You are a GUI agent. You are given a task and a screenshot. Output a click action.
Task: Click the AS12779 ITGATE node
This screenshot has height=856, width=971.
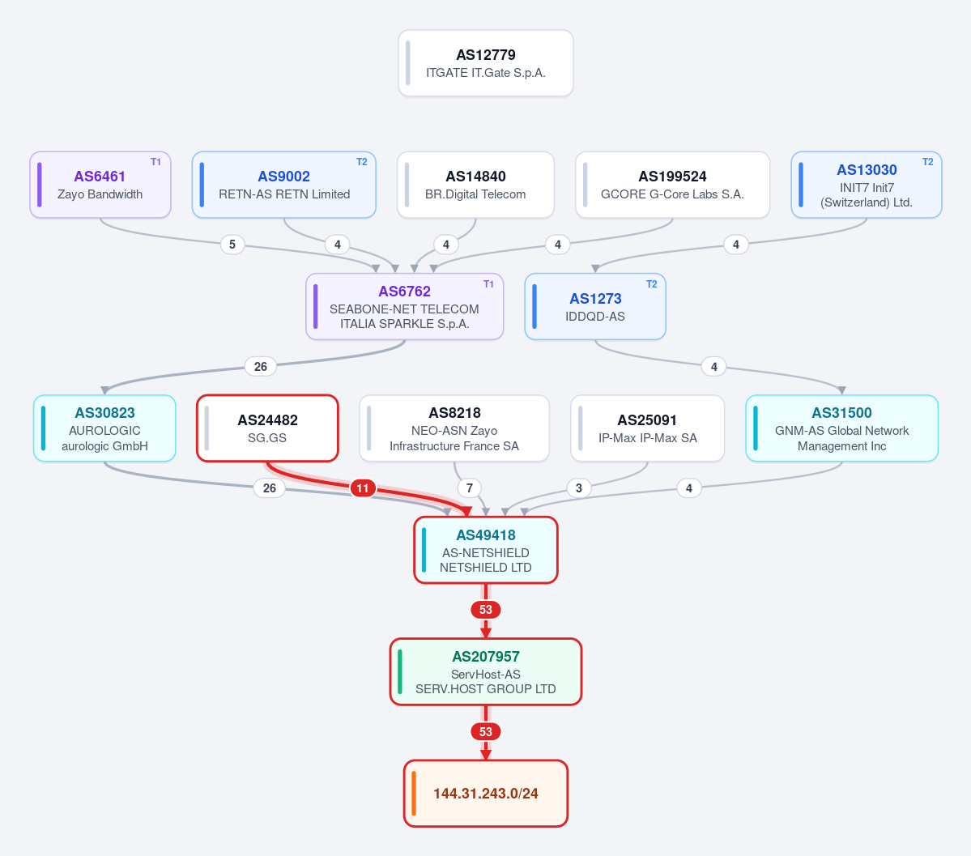point(486,63)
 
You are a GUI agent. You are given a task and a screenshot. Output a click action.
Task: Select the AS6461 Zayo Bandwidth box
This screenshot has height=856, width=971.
point(100,185)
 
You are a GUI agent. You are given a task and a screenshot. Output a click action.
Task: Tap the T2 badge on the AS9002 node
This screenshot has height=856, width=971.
point(362,162)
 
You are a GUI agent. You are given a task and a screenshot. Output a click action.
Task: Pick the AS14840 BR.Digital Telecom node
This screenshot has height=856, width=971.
point(475,185)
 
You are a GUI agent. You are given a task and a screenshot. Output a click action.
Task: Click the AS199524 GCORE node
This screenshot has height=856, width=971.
point(672,185)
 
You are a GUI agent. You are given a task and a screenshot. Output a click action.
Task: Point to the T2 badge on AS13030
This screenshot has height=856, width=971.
point(927,162)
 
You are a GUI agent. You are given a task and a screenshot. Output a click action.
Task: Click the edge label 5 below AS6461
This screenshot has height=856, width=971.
point(232,244)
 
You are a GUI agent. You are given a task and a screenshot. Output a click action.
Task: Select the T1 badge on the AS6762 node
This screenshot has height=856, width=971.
point(488,283)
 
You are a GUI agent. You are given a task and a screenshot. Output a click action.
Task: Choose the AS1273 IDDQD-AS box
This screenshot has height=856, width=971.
point(595,307)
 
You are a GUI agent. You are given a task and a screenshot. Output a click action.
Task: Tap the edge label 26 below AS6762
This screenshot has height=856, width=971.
point(261,366)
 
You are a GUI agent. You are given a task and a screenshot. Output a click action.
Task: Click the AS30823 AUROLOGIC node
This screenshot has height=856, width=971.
point(104,428)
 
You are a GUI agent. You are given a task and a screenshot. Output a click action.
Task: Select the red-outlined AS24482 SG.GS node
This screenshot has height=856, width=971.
point(267,428)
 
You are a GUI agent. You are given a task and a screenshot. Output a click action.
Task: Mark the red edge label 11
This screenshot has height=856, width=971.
point(363,488)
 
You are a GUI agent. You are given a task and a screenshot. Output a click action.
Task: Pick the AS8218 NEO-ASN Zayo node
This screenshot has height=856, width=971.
point(454,428)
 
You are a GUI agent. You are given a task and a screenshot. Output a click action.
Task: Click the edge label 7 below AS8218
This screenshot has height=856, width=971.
point(470,488)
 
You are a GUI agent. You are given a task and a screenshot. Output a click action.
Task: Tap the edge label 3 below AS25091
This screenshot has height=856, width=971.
point(579,488)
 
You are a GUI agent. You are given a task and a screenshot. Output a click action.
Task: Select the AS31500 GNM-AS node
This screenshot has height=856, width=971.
point(842,428)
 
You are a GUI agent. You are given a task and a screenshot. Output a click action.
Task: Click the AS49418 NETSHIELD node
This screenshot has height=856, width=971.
point(486,550)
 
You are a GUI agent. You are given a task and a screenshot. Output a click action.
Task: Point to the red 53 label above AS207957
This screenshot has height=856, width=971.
point(486,610)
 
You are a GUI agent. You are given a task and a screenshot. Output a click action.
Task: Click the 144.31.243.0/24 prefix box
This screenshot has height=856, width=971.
point(486,794)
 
